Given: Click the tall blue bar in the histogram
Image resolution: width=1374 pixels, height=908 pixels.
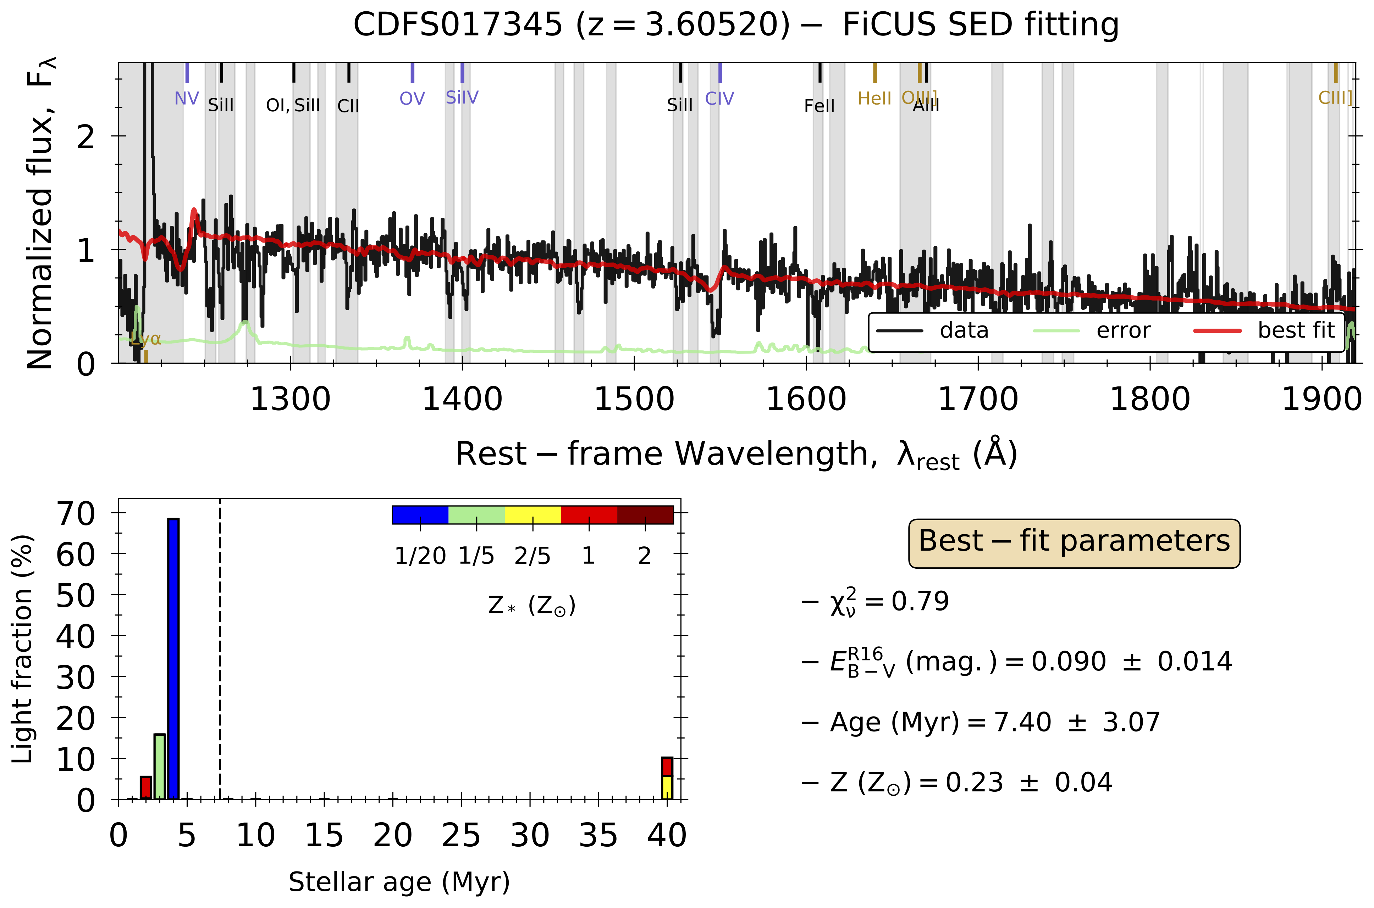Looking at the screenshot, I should [x=173, y=659].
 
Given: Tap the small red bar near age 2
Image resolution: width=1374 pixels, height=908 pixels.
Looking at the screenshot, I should [x=146, y=787].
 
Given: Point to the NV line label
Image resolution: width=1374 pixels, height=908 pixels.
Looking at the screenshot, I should [x=187, y=99].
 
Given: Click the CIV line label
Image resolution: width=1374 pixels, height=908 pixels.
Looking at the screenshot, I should [x=719, y=99].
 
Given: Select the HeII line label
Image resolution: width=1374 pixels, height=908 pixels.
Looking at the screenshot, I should [x=874, y=99].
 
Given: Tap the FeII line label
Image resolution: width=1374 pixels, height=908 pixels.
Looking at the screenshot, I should [x=819, y=106].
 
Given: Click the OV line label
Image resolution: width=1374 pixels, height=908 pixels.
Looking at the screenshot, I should [x=412, y=99].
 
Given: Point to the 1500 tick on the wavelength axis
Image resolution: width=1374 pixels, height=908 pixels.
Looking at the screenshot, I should [x=634, y=400].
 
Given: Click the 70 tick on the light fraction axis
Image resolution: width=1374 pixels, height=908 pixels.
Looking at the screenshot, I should [x=75, y=513].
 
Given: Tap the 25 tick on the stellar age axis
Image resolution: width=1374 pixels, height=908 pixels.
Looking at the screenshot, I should [x=461, y=836].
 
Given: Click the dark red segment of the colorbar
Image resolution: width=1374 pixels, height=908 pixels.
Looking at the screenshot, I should [x=645, y=515].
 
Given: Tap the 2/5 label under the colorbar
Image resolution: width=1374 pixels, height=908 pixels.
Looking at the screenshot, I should [x=532, y=556].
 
